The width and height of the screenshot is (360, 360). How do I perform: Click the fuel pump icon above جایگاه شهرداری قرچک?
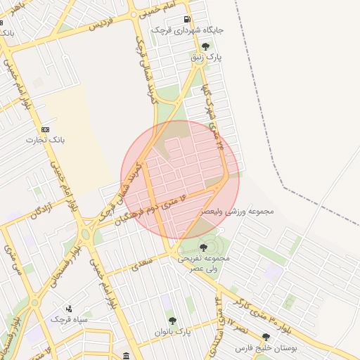[x=186, y=19]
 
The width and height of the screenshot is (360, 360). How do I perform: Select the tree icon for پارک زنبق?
[x=205, y=46]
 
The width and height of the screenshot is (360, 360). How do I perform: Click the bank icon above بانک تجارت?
[x=46, y=129]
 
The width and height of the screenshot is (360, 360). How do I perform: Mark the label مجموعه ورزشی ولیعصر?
[x=236, y=210]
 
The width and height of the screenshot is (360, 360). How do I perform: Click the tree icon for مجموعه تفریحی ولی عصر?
[x=203, y=247]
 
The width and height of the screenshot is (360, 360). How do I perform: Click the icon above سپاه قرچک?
[x=69, y=308]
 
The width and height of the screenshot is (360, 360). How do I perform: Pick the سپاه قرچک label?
[x=69, y=319]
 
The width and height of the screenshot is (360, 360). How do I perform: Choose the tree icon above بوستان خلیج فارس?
[x=266, y=337]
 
